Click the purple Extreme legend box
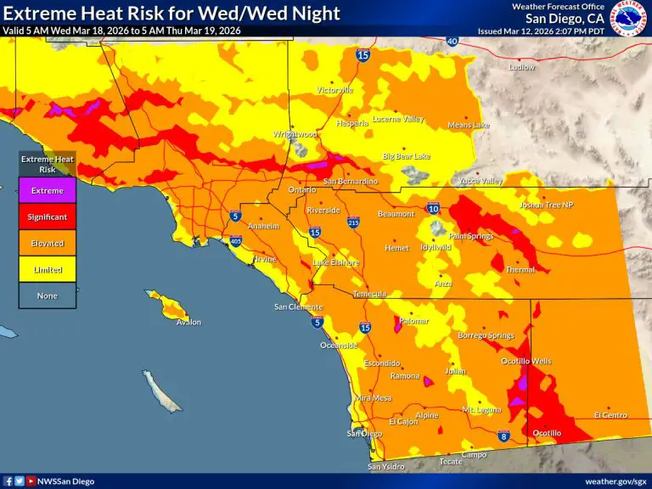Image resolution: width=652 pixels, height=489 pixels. (x=48, y=190)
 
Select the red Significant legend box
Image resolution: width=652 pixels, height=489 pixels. (x=48, y=216)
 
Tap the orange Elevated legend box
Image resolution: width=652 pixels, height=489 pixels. (x=48, y=243)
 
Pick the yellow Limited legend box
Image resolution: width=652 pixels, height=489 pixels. (x=48, y=269)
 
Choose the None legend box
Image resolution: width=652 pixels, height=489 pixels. (x=48, y=295)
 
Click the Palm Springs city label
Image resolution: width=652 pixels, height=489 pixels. (x=470, y=236)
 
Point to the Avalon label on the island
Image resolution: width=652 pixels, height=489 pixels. (x=188, y=323)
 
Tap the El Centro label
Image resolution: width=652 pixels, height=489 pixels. (x=610, y=415)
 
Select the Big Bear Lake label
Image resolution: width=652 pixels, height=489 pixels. (x=406, y=157)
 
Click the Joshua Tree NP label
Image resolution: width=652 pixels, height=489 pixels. (x=547, y=205)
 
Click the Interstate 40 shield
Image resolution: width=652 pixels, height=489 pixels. (x=452, y=41)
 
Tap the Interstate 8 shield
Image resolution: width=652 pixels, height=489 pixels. (x=503, y=437)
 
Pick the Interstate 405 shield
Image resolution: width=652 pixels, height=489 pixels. (x=235, y=241)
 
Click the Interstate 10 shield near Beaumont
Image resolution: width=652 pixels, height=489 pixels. (x=433, y=208)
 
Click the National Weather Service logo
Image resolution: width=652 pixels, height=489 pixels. (x=629, y=18)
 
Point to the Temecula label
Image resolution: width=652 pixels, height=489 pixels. (x=369, y=294)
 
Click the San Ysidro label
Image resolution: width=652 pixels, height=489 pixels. (x=386, y=467)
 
